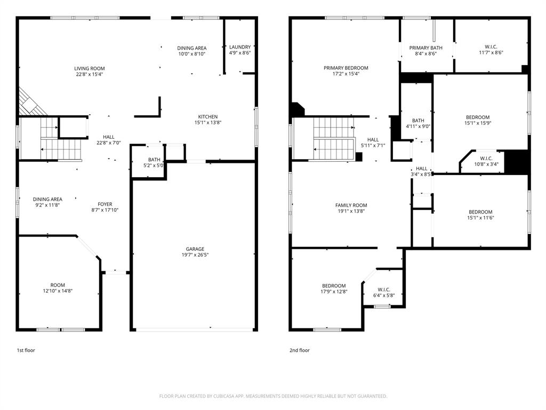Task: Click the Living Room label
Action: (89, 68)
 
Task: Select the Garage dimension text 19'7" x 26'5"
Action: (195, 255)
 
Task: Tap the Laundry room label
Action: (239, 47)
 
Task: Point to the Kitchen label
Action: (207, 117)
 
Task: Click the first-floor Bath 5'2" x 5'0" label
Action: (154, 160)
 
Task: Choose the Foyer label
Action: (105, 204)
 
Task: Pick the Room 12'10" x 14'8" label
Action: (58, 285)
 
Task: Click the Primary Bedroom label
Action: (346, 68)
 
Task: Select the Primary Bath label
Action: (425, 48)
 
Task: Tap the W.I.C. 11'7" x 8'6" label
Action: (491, 46)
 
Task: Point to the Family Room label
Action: (351, 205)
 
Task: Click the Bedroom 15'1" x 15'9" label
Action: (477, 117)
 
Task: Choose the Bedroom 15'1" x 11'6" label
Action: (480, 212)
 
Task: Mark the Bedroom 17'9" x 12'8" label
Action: (333, 286)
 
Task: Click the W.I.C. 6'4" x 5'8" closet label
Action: (384, 290)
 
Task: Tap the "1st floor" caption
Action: (26, 350)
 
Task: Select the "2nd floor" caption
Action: (300, 350)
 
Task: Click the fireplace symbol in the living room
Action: (30, 102)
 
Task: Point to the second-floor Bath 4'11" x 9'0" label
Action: (418, 121)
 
